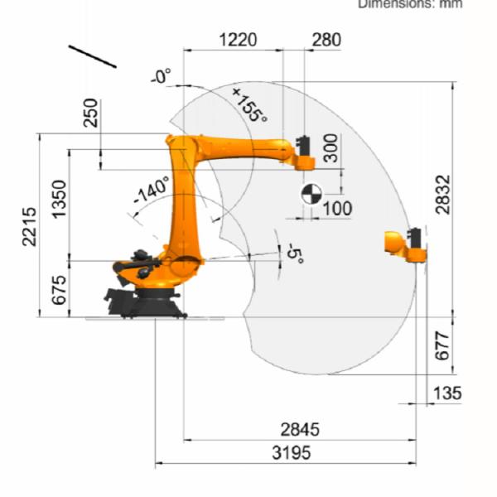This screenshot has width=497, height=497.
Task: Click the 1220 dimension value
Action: (238, 38)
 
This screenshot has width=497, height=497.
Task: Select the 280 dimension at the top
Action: (326, 38)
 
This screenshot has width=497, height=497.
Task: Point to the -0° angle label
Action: (162, 77)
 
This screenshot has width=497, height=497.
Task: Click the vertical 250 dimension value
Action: (90, 113)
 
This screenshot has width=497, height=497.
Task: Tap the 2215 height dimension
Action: (29, 224)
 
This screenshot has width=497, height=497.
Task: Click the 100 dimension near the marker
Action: (336, 208)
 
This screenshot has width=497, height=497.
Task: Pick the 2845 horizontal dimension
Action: (299, 430)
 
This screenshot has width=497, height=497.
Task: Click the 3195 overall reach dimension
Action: (286, 453)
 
